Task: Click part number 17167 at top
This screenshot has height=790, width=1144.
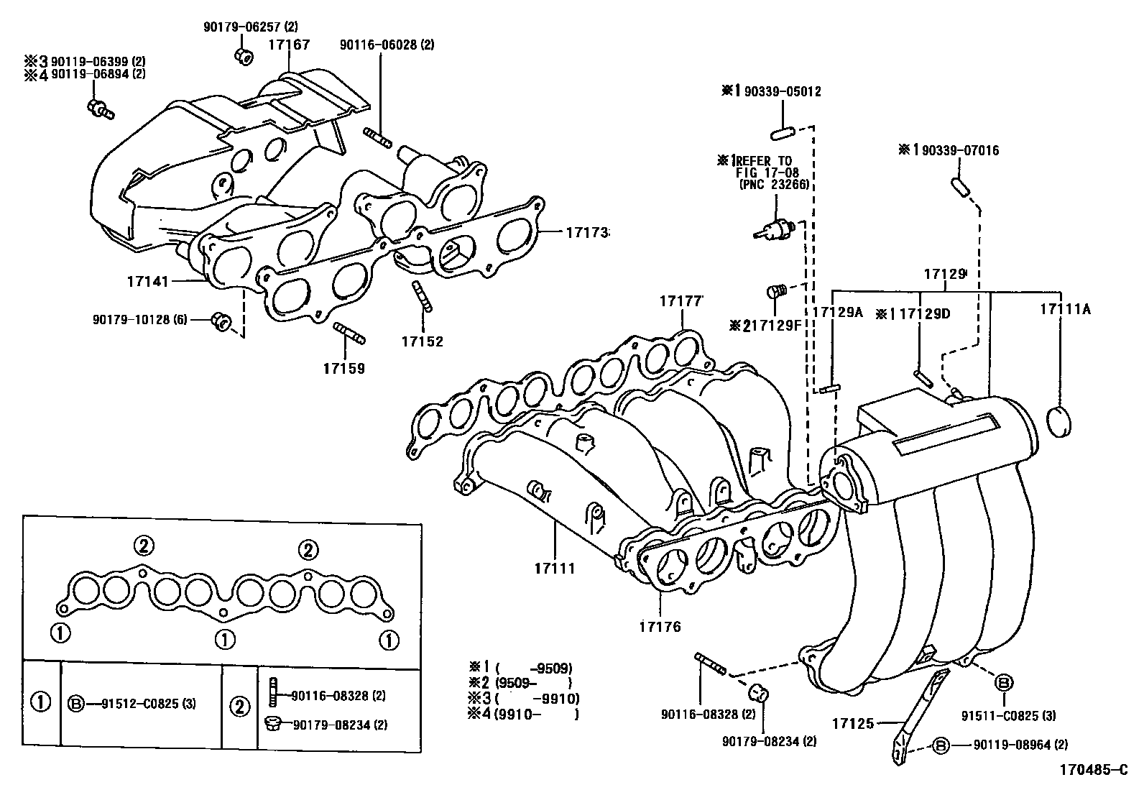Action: [x=289, y=45]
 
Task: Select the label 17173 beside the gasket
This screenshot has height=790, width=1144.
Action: [x=586, y=232]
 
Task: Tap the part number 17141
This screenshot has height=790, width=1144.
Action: [x=147, y=281]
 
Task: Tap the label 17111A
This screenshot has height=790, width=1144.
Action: [x=1065, y=309]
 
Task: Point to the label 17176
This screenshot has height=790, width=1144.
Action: [x=660, y=626]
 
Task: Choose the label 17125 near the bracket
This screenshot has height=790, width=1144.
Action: [x=853, y=723]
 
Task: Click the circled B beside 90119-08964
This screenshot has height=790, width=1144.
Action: [x=942, y=746]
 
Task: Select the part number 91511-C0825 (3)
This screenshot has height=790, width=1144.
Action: [x=1009, y=715]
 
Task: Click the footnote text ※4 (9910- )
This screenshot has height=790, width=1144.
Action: [x=523, y=714]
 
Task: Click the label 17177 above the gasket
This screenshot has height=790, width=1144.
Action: [x=680, y=301]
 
